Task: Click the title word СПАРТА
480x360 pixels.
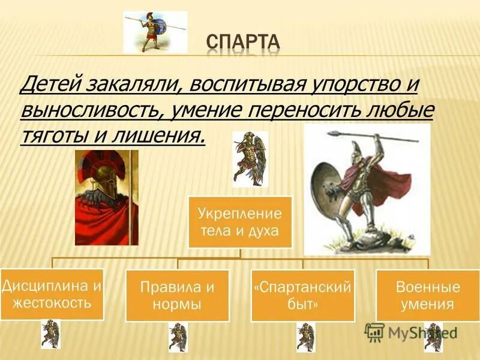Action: (x=243, y=43)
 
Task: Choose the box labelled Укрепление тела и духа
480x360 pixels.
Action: (x=240, y=222)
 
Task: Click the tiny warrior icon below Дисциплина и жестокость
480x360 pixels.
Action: (x=50, y=334)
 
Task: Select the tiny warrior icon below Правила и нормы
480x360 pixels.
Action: (x=178, y=337)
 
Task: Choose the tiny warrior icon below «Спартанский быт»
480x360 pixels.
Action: (x=305, y=337)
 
